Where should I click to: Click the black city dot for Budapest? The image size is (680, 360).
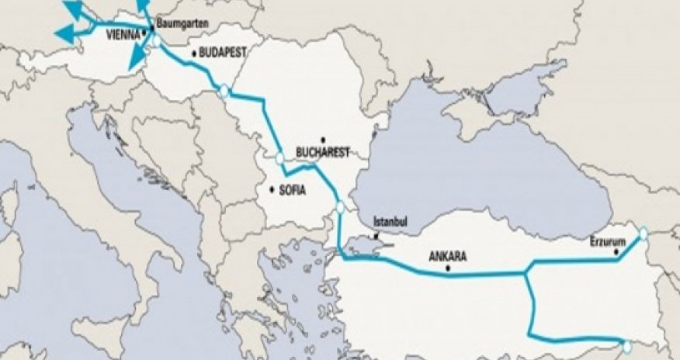click(193, 54)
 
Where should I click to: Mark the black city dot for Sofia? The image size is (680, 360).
click(272, 189)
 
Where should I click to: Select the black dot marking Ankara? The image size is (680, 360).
click(450, 269)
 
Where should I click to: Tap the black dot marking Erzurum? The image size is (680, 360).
click(618, 251)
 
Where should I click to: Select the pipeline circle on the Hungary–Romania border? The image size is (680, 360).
click(224, 91)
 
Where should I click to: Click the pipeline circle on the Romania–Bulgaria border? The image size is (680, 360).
click(279, 160)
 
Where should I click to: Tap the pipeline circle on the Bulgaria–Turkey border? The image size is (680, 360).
click(339, 207)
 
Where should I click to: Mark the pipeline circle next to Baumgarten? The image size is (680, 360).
click(158, 43)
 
